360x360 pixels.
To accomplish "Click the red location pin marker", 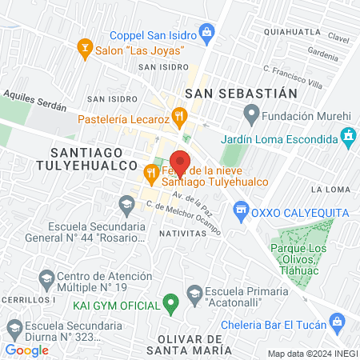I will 185,159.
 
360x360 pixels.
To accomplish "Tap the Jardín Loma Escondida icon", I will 347,138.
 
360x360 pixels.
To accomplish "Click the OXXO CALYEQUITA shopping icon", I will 238,211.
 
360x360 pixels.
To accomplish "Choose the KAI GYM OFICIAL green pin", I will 170,302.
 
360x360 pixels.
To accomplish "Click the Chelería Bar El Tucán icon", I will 340,324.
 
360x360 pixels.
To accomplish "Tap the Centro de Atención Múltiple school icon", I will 46,278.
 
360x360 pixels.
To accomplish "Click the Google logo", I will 26,350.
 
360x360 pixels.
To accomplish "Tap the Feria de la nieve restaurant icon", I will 150,172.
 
